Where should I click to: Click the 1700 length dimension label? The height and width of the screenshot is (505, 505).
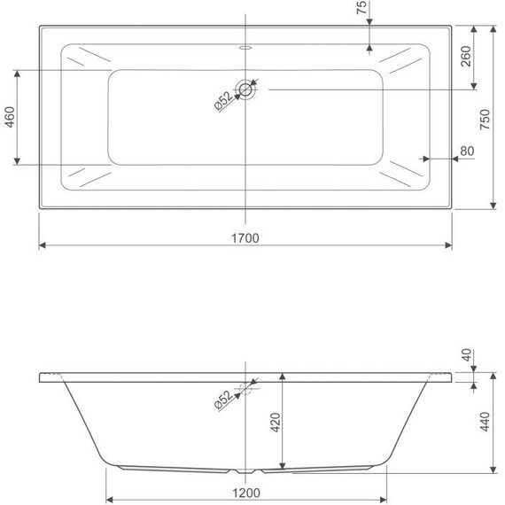coord(245,238)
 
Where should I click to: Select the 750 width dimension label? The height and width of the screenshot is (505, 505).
coord(485,120)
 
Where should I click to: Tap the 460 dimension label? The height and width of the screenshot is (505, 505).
coord(10,117)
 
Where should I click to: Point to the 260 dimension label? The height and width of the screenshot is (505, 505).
coord(466,57)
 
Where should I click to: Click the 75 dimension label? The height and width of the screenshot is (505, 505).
coord(361,7)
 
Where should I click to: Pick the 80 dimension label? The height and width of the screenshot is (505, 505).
coord(467,151)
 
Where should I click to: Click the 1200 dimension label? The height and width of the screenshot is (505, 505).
coord(246,493)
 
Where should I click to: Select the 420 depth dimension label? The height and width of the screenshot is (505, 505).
coord(276,423)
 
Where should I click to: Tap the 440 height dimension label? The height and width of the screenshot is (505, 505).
coord(485,422)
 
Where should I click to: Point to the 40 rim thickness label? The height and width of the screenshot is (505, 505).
coord(467,355)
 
